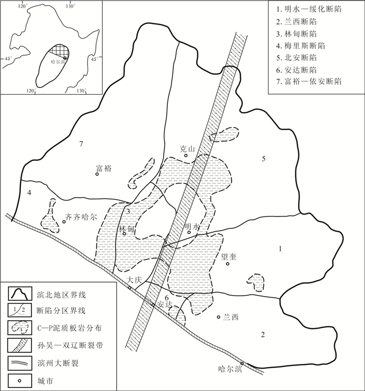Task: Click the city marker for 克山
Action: (x=186, y=155)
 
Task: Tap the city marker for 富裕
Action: (x=97, y=174)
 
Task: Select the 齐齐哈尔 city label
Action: (x=80, y=217)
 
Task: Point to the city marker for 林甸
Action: (x=124, y=234)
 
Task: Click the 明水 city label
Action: (x=191, y=226)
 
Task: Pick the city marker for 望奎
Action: (x=228, y=264)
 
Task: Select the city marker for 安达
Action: (x=153, y=305)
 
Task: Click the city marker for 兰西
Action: (x=218, y=317)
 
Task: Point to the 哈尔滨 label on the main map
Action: (x=230, y=369)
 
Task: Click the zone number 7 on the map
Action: (x=81, y=144)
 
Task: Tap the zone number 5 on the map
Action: (x=264, y=159)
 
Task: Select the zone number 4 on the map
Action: (x=29, y=193)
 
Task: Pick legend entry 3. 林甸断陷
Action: (x=297, y=34)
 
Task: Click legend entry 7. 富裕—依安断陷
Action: (x=309, y=81)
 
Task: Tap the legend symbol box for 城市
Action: (x=20, y=381)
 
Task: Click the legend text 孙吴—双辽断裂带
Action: (x=70, y=345)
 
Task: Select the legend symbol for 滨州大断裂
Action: (x=20, y=363)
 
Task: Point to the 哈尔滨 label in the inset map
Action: (x=57, y=62)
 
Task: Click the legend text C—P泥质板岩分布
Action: (x=69, y=328)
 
